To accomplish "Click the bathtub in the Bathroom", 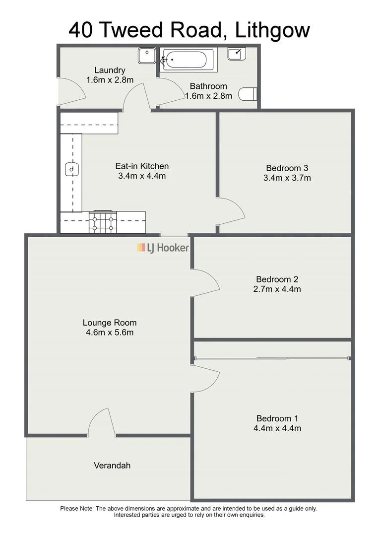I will tap(187, 60).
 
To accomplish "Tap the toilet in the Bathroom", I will tap(248, 94).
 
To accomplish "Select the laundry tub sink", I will tap(147, 56).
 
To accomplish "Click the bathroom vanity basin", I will tap(236, 53).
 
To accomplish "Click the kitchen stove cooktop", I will tap(103, 222).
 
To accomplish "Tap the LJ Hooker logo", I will tap(163, 247).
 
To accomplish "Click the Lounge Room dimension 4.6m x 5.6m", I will tap(109, 333).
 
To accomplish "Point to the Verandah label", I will tap(112, 466).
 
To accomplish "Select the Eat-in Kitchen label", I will tap(142, 166).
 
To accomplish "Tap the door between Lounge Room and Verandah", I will tap(102, 423).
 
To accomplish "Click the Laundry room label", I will tap(110, 70).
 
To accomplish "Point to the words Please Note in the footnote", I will tap(76, 508).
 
